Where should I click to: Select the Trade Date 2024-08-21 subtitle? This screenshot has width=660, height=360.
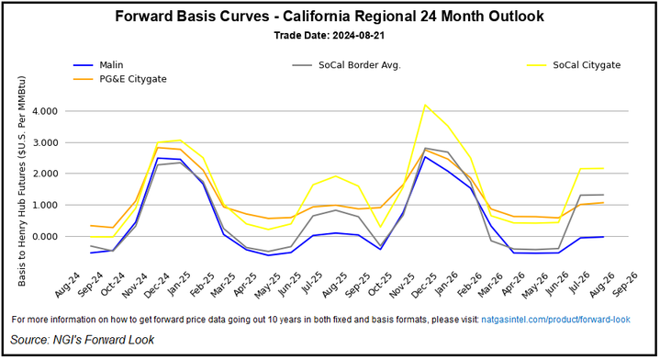pyautogui.click(x=330, y=36)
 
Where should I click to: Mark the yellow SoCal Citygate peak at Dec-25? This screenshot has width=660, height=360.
pyautogui.click(x=425, y=105)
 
